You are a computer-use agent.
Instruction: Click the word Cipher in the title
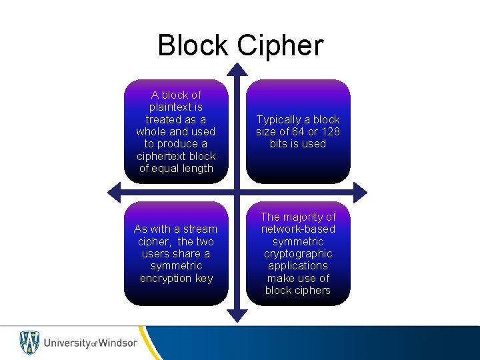280,45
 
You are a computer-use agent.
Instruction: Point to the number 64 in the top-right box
308,131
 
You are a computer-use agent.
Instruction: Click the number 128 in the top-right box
330,131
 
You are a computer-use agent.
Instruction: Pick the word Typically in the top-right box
279,119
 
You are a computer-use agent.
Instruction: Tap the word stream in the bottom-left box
199,229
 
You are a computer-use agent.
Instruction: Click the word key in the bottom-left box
203,278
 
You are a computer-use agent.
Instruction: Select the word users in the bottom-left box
155,253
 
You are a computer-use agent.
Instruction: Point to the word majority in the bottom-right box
311,217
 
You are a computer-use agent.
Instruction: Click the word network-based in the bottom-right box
298,229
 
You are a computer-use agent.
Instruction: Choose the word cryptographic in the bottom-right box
298,253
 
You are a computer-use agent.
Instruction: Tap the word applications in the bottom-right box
298,265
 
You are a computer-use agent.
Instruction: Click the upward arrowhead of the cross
238,69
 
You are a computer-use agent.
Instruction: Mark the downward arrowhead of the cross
238,313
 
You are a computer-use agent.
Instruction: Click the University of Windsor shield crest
29,342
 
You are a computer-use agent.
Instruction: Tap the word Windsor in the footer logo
118,343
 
